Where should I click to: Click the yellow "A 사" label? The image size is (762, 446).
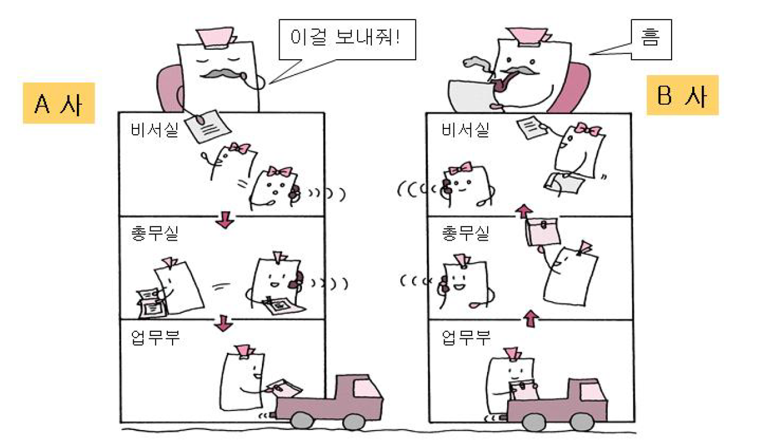pyautogui.click(x=59, y=103)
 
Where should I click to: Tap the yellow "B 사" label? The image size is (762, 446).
pyautogui.click(x=682, y=95)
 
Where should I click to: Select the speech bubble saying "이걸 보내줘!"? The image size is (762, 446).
pyautogui.click(x=347, y=40)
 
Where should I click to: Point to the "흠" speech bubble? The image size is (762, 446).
pyautogui.click(x=651, y=40)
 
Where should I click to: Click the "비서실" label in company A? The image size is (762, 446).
pyautogui.click(x=154, y=130)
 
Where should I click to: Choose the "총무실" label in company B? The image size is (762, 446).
pyautogui.click(x=465, y=234)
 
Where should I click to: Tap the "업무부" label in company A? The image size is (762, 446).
pyautogui.click(x=155, y=338)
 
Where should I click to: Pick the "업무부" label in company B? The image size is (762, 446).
pyautogui.click(x=466, y=338)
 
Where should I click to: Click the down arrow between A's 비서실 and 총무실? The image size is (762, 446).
pyautogui.click(x=225, y=220)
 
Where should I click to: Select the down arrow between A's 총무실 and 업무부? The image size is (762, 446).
pyautogui.click(x=223, y=323)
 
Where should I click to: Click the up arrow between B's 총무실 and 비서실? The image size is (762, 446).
pyautogui.click(x=524, y=211)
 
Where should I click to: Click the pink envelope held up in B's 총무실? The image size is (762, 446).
pyautogui.click(x=543, y=231)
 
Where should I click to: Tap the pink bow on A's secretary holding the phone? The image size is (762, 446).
pyautogui.click(x=280, y=172)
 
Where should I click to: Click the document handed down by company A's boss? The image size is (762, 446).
pyautogui.click(x=208, y=126)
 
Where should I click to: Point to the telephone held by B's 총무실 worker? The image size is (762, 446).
pyautogui.click(x=445, y=285)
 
